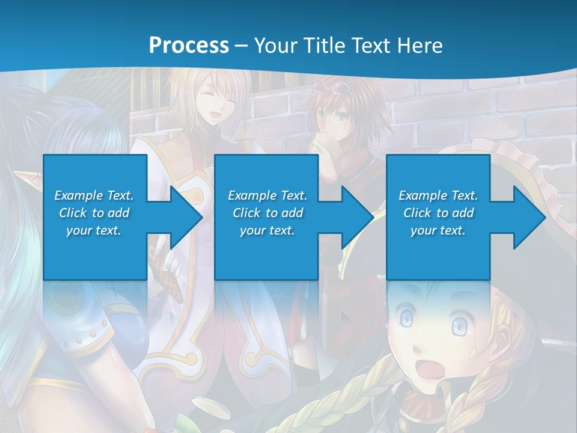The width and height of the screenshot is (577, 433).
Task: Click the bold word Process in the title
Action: (x=189, y=45)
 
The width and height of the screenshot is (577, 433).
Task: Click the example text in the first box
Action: (x=94, y=213)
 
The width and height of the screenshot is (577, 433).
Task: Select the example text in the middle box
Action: (x=267, y=213)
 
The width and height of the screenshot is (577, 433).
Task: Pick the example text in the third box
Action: (x=438, y=213)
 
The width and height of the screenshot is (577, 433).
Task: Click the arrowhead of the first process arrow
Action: (x=186, y=217)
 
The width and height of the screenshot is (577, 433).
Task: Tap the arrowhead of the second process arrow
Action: (x=358, y=217)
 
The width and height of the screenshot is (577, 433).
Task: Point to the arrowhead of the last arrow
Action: (x=530, y=217)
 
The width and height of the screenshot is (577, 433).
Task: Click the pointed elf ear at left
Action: (x=33, y=179)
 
